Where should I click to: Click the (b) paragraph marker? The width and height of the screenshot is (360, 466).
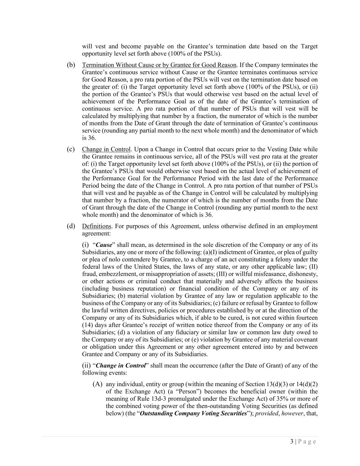click(71, 65)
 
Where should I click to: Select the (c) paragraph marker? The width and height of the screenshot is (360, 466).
click(71, 149)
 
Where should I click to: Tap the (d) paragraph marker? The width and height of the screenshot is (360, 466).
click(71, 226)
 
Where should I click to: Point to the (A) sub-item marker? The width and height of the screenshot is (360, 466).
click(97, 384)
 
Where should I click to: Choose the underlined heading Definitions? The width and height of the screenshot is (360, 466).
click(97, 226)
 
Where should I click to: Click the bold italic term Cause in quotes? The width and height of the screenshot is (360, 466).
click(104, 245)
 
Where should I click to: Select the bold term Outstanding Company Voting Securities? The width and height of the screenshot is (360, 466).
click(193, 413)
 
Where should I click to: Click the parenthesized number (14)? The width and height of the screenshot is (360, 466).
click(87, 325)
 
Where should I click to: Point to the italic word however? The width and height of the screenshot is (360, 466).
click(292, 413)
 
